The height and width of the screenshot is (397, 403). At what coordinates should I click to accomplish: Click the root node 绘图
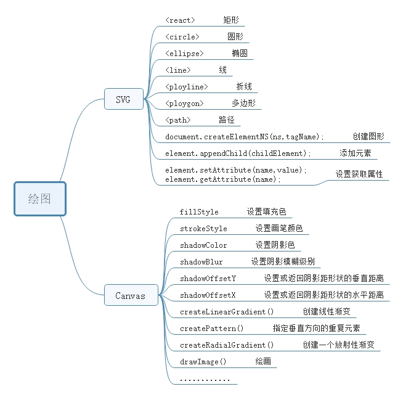point(39,199)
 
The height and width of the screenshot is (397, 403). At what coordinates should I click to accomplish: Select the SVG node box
point(123,99)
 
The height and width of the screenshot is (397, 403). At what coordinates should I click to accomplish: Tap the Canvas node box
point(130,296)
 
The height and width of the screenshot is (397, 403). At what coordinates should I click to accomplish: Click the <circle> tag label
point(182,37)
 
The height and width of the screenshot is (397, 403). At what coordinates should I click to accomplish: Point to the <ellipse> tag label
point(184,54)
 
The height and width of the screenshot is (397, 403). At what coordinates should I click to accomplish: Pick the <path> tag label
point(178,120)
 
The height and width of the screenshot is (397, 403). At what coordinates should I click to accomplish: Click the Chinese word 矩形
point(233,20)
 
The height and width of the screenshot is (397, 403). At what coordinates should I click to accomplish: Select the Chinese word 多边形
point(243,103)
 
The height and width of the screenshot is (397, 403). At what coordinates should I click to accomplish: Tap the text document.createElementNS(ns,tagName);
point(245,137)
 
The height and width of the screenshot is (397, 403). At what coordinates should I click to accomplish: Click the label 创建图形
point(368,137)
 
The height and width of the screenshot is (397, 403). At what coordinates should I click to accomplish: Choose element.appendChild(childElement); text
point(238,153)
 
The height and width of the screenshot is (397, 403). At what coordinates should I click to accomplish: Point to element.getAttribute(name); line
point(223,179)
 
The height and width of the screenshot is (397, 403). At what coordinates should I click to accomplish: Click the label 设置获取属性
point(359,174)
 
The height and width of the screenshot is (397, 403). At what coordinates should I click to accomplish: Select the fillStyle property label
point(199,212)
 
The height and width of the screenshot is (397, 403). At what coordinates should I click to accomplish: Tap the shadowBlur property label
point(201,262)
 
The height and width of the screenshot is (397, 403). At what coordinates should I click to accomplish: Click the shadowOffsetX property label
point(208,295)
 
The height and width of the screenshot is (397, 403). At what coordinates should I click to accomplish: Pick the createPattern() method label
point(211,329)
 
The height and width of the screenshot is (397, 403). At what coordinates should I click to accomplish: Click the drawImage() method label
point(203,362)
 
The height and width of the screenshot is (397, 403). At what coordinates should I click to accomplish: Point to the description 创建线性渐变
point(327,312)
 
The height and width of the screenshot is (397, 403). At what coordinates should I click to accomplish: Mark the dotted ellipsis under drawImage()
point(205,380)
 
